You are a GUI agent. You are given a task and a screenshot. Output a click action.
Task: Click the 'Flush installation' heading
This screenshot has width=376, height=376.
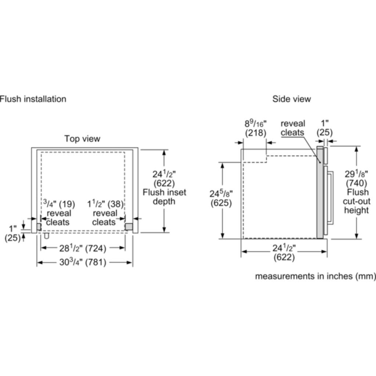[33, 99]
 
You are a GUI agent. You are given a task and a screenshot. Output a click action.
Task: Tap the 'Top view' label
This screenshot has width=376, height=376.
[82, 138]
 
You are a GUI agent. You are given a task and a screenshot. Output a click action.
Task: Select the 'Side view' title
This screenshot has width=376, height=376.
[292, 99]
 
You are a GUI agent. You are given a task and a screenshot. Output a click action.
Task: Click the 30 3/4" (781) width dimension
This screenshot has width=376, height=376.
[83, 262]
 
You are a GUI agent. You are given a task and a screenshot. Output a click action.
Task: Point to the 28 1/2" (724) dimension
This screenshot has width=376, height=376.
[83, 248]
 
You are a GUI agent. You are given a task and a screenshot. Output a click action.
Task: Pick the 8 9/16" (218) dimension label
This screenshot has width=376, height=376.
[256, 128]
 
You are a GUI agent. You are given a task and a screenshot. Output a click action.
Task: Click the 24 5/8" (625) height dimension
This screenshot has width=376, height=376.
[221, 198]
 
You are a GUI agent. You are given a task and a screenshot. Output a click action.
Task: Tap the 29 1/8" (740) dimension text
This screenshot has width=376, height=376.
[356, 178]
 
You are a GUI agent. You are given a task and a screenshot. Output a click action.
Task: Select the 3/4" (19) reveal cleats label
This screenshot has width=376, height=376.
[59, 213]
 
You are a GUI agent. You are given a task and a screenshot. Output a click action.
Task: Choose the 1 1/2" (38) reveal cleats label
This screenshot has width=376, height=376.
[105, 213]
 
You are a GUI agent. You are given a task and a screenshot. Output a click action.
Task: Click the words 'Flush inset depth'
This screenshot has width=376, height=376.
[164, 197]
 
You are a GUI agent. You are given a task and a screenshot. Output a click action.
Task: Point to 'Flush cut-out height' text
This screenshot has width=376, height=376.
[357, 201]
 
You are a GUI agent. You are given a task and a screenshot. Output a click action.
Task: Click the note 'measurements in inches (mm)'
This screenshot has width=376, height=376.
[315, 276]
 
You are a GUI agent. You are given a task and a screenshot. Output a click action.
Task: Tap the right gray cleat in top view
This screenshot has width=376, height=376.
[129, 227]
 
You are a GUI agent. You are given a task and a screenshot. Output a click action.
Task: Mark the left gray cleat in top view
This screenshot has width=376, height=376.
[39, 227]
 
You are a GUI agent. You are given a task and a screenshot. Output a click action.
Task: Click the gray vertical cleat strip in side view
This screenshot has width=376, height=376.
[320, 192]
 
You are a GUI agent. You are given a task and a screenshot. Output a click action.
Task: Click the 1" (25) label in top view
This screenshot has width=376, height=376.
[12, 233]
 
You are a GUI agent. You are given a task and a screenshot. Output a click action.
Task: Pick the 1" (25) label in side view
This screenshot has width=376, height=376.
[325, 128]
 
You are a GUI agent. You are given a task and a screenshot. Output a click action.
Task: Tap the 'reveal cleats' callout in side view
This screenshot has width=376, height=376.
[293, 128]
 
